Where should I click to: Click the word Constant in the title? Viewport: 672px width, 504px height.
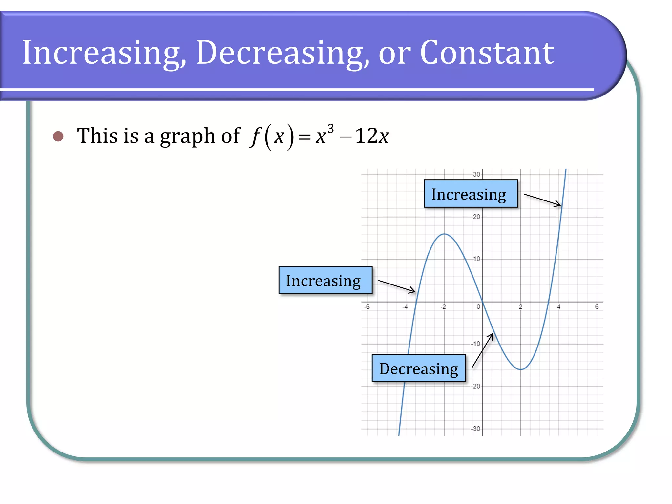(487, 52)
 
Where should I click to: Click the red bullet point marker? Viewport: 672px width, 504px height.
(58, 136)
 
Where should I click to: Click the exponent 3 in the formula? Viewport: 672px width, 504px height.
(331, 129)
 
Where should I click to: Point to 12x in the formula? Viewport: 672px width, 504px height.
(372, 136)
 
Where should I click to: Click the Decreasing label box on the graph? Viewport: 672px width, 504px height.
(418, 368)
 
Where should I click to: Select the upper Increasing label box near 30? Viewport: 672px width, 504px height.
(470, 194)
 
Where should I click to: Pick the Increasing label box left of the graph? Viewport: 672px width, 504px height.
(325, 280)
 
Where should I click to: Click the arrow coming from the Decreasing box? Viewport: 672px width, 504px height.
(482, 351)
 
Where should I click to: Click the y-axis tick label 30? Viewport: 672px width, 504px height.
(476, 174)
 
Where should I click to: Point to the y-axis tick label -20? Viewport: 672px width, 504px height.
(475, 386)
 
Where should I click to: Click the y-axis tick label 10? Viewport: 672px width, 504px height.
(476, 259)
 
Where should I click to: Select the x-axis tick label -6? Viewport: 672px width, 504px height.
(367, 307)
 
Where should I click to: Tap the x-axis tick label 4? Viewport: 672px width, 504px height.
(559, 307)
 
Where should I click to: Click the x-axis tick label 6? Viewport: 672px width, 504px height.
(597, 307)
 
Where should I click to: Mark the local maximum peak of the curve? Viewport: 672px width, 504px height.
(444, 234)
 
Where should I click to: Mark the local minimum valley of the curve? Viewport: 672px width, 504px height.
(521, 369)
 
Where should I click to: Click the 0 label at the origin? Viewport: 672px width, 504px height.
(478, 307)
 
